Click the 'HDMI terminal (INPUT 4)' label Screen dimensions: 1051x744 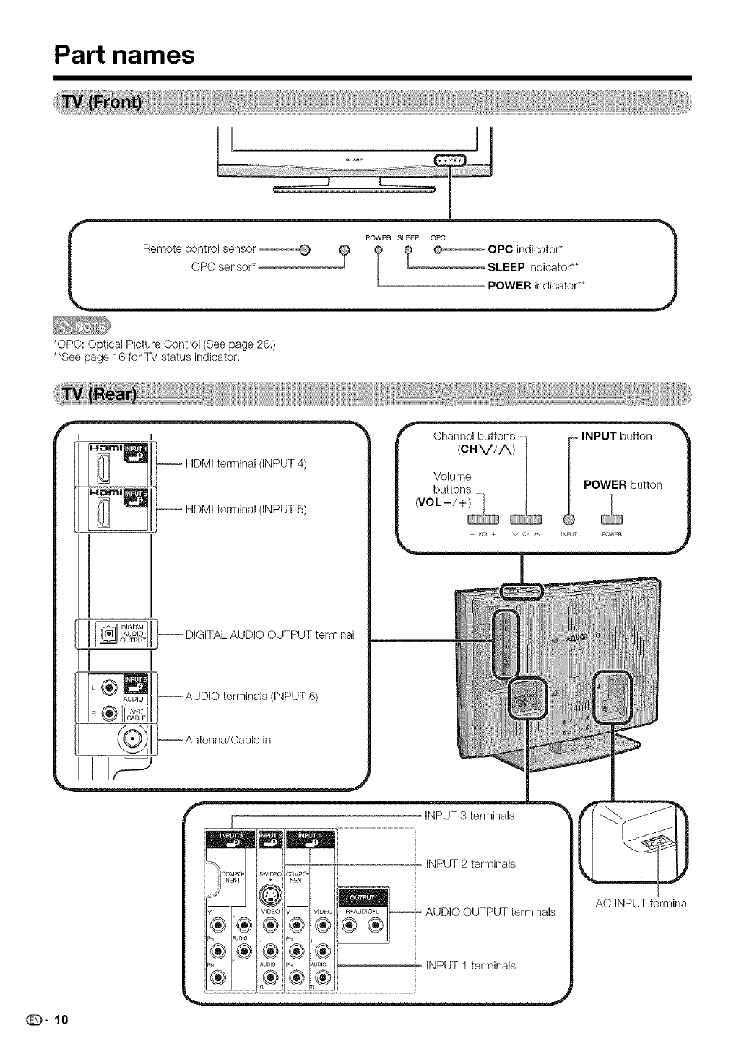246,463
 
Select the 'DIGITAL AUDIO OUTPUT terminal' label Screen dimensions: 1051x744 269,635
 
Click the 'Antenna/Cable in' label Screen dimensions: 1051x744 228,740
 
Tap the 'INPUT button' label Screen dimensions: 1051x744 616,436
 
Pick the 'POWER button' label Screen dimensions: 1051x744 622,484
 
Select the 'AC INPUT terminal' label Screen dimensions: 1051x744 642,903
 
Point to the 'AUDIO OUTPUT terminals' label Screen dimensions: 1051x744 490,912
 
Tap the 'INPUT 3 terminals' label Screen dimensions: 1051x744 470,816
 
